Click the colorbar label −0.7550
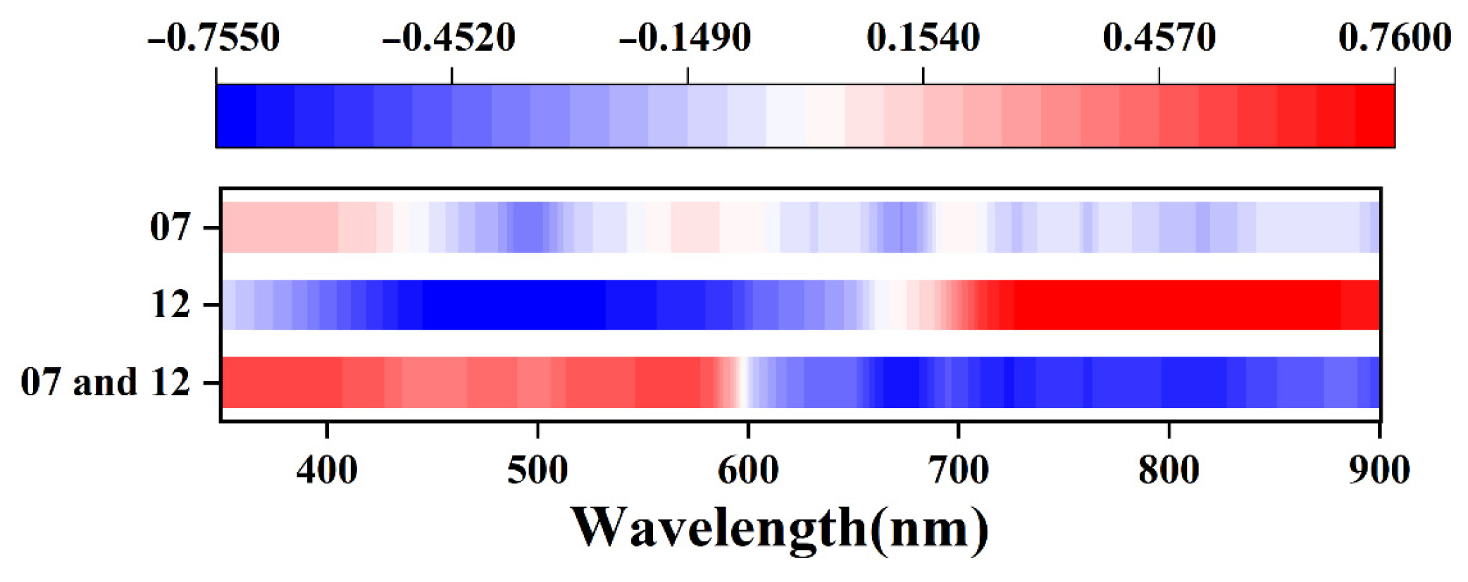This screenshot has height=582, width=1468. tap(214, 37)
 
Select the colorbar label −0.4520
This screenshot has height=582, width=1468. tap(449, 37)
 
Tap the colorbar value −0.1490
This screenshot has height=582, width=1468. tap(685, 37)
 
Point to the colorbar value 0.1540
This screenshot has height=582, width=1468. tap(923, 37)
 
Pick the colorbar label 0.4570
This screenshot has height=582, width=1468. tap(1159, 37)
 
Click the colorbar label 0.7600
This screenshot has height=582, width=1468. tap(1394, 37)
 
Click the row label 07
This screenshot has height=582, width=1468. tap(170, 228)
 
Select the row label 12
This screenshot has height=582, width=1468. tap(170, 305)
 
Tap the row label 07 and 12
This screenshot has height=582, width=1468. tap(106, 383)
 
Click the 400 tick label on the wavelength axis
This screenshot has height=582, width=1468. tap(327, 470)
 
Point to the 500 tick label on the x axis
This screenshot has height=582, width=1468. tap(537, 470)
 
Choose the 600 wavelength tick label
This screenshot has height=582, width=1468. tap(748, 470)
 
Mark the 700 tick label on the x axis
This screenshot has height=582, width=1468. tap(959, 470)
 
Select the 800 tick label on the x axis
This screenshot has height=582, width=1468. tap(1169, 470)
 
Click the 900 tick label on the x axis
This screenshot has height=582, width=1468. tap(1379, 470)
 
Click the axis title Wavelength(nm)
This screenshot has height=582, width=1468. tap(780, 528)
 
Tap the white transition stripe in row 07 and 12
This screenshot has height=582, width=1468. tap(742, 383)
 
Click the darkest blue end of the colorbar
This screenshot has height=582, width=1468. tap(235, 116)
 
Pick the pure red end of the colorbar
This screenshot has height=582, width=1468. tap(1375, 116)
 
